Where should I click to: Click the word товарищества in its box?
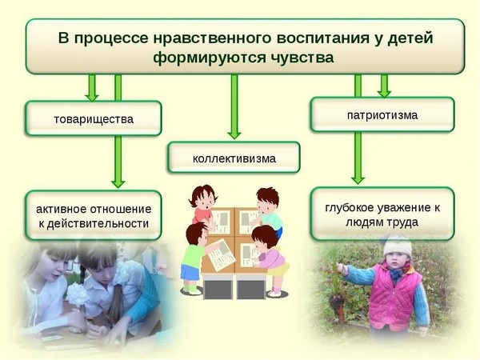coord(93,119)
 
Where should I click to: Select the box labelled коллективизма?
coord(234,158)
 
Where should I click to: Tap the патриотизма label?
coord(382,115)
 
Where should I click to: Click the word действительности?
coord(94,223)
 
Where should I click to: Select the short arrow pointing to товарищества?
coord(92,87)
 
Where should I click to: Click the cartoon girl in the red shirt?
coord(203,205)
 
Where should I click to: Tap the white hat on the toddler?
coord(396,245)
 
